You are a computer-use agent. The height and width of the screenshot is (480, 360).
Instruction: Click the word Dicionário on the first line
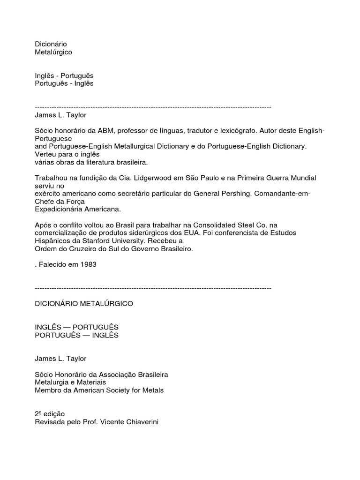tap(51, 44)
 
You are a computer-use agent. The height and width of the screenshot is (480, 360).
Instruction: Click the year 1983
tap(88, 264)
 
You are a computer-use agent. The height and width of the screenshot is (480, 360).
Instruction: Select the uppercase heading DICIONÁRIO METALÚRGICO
tap(84, 304)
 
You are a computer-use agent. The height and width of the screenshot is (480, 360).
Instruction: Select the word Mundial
tap(300, 178)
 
